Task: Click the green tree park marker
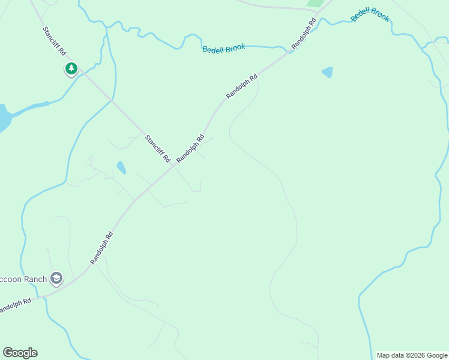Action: [71, 69]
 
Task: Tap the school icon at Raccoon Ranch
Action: [56, 278]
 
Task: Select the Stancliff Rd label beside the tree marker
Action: [54, 41]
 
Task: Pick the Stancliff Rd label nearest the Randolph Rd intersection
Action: [157, 149]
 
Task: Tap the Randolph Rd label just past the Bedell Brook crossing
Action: [304, 34]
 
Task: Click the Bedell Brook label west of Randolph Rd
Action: [223, 49]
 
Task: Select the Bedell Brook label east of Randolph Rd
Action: [370, 15]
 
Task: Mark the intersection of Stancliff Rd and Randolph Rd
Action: [173, 166]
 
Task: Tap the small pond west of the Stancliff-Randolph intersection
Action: [121, 167]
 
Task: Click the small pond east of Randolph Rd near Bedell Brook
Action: [327, 73]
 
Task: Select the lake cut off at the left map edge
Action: [4, 118]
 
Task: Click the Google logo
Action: [20, 353]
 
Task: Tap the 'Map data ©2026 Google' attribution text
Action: [412, 355]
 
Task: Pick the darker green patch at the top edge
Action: [315, 3]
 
